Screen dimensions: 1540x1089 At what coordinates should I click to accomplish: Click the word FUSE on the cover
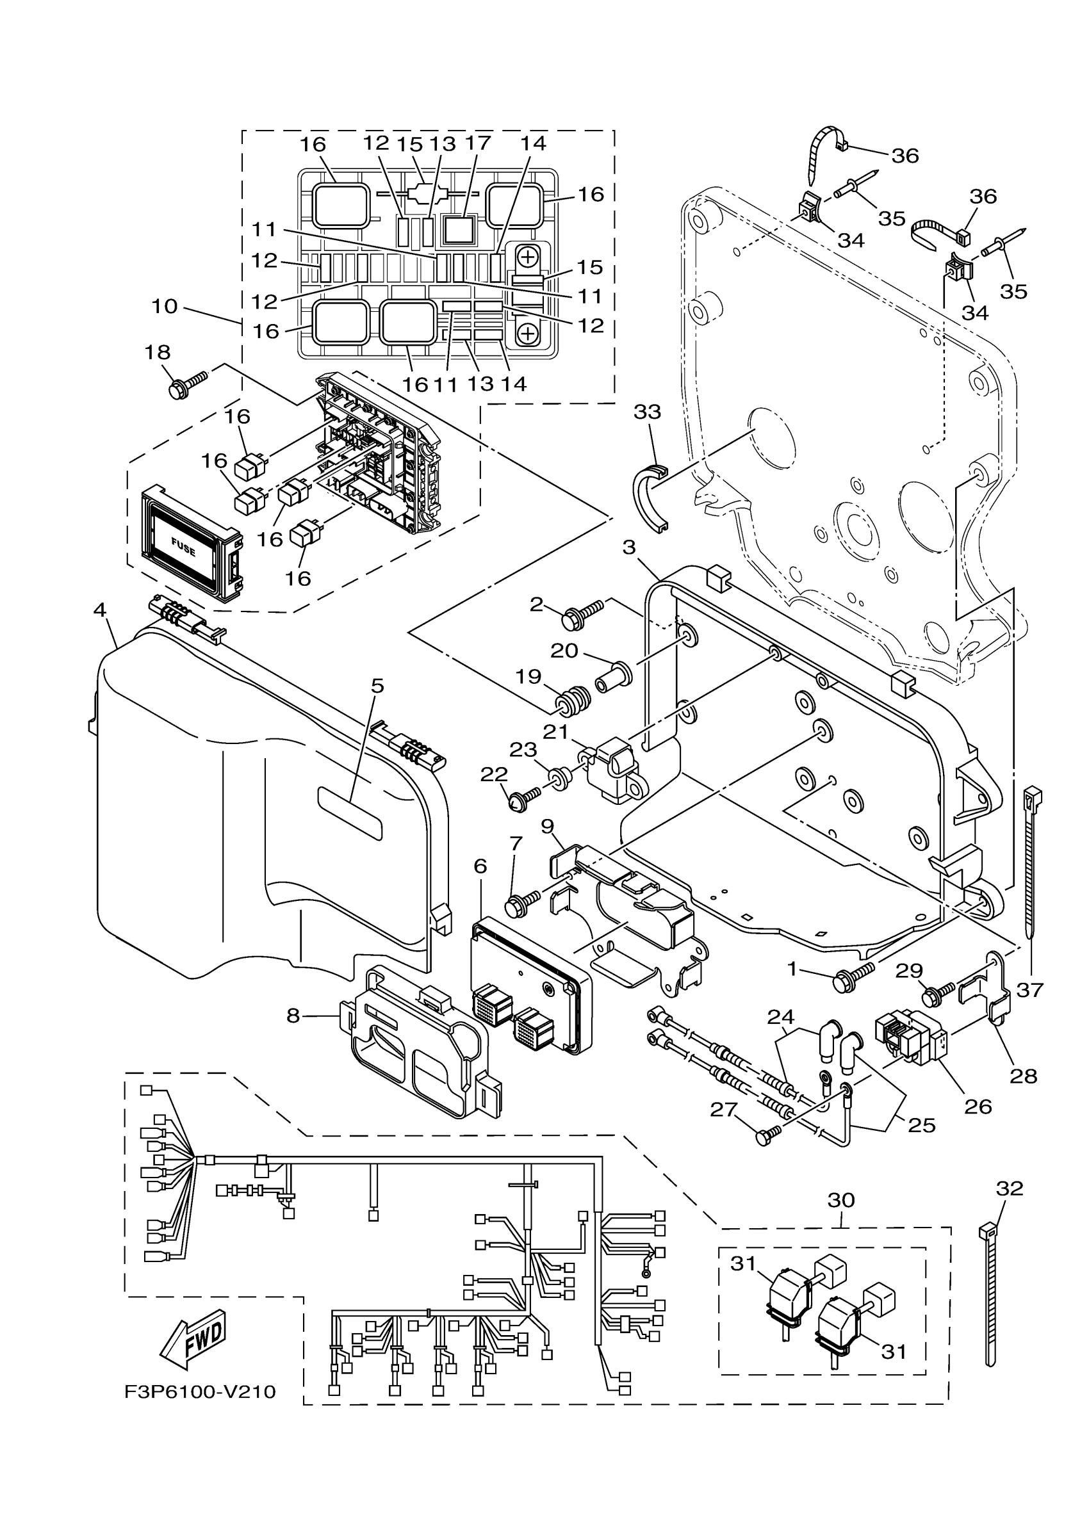(x=183, y=547)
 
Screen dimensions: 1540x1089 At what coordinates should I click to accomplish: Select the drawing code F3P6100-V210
(x=200, y=1393)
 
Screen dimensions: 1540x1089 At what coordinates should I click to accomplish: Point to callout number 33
(x=647, y=412)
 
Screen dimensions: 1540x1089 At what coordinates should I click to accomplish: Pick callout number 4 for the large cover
(x=100, y=610)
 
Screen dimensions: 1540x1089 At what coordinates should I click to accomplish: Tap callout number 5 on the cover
(x=377, y=686)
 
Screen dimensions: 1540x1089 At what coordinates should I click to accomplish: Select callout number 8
(x=293, y=1016)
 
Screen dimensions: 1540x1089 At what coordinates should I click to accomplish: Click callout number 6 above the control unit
(x=480, y=866)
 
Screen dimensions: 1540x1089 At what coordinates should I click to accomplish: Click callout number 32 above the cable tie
(x=1009, y=1188)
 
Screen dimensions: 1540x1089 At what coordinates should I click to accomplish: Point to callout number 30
(x=840, y=1200)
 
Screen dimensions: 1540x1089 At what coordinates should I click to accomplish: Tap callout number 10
(x=164, y=307)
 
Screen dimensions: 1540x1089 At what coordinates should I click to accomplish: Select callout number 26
(x=978, y=1106)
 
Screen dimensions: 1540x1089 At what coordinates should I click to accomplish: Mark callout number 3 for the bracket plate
(x=628, y=547)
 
